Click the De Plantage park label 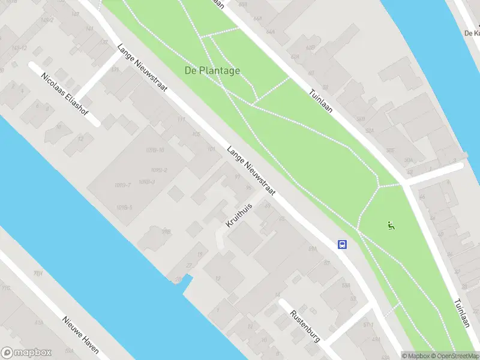pos(212,71)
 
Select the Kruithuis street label pos(239,215)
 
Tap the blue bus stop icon pos(342,244)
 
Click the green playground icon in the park pos(391,226)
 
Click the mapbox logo pos(26,353)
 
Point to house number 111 pos(181,119)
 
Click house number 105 pos(196,134)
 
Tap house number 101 pos(211,148)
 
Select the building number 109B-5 pos(125,208)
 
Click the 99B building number pos(166,231)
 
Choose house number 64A pos(271,31)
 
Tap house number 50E pos(391,150)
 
